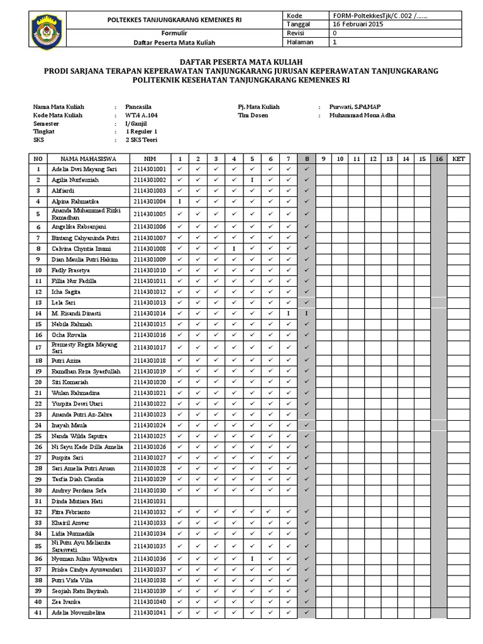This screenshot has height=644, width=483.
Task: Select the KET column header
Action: (x=458, y=159)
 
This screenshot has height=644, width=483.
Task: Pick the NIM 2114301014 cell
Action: (x=150, y=313)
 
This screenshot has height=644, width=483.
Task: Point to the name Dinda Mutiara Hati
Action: (x=77, y=501)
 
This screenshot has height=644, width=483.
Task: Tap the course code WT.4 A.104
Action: (x=142, y=116)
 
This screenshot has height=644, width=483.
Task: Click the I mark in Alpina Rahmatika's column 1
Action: (x=180, y=202)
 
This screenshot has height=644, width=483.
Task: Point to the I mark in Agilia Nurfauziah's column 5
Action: (x=252, y=180)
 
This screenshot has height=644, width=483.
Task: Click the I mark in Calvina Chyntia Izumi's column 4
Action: (x=233, y=249)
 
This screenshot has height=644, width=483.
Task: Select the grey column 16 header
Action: (x=438, y=159)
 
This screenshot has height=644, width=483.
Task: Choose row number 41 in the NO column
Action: (x=38, y=613)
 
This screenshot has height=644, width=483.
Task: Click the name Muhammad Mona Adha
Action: (x=362, y=116)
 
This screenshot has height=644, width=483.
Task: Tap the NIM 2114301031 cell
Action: (x=150, y=501)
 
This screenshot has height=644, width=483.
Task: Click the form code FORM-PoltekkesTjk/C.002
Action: (x=377, y=15)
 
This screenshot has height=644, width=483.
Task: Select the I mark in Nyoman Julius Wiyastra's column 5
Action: (x=252, y=558)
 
